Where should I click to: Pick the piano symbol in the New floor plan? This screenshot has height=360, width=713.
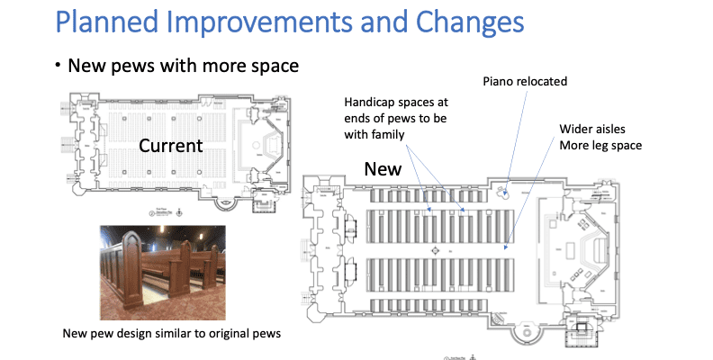pos(507,192)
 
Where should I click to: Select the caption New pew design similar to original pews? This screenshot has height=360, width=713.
pos(172,333)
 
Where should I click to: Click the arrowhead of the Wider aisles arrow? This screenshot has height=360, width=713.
pos(505,246)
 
